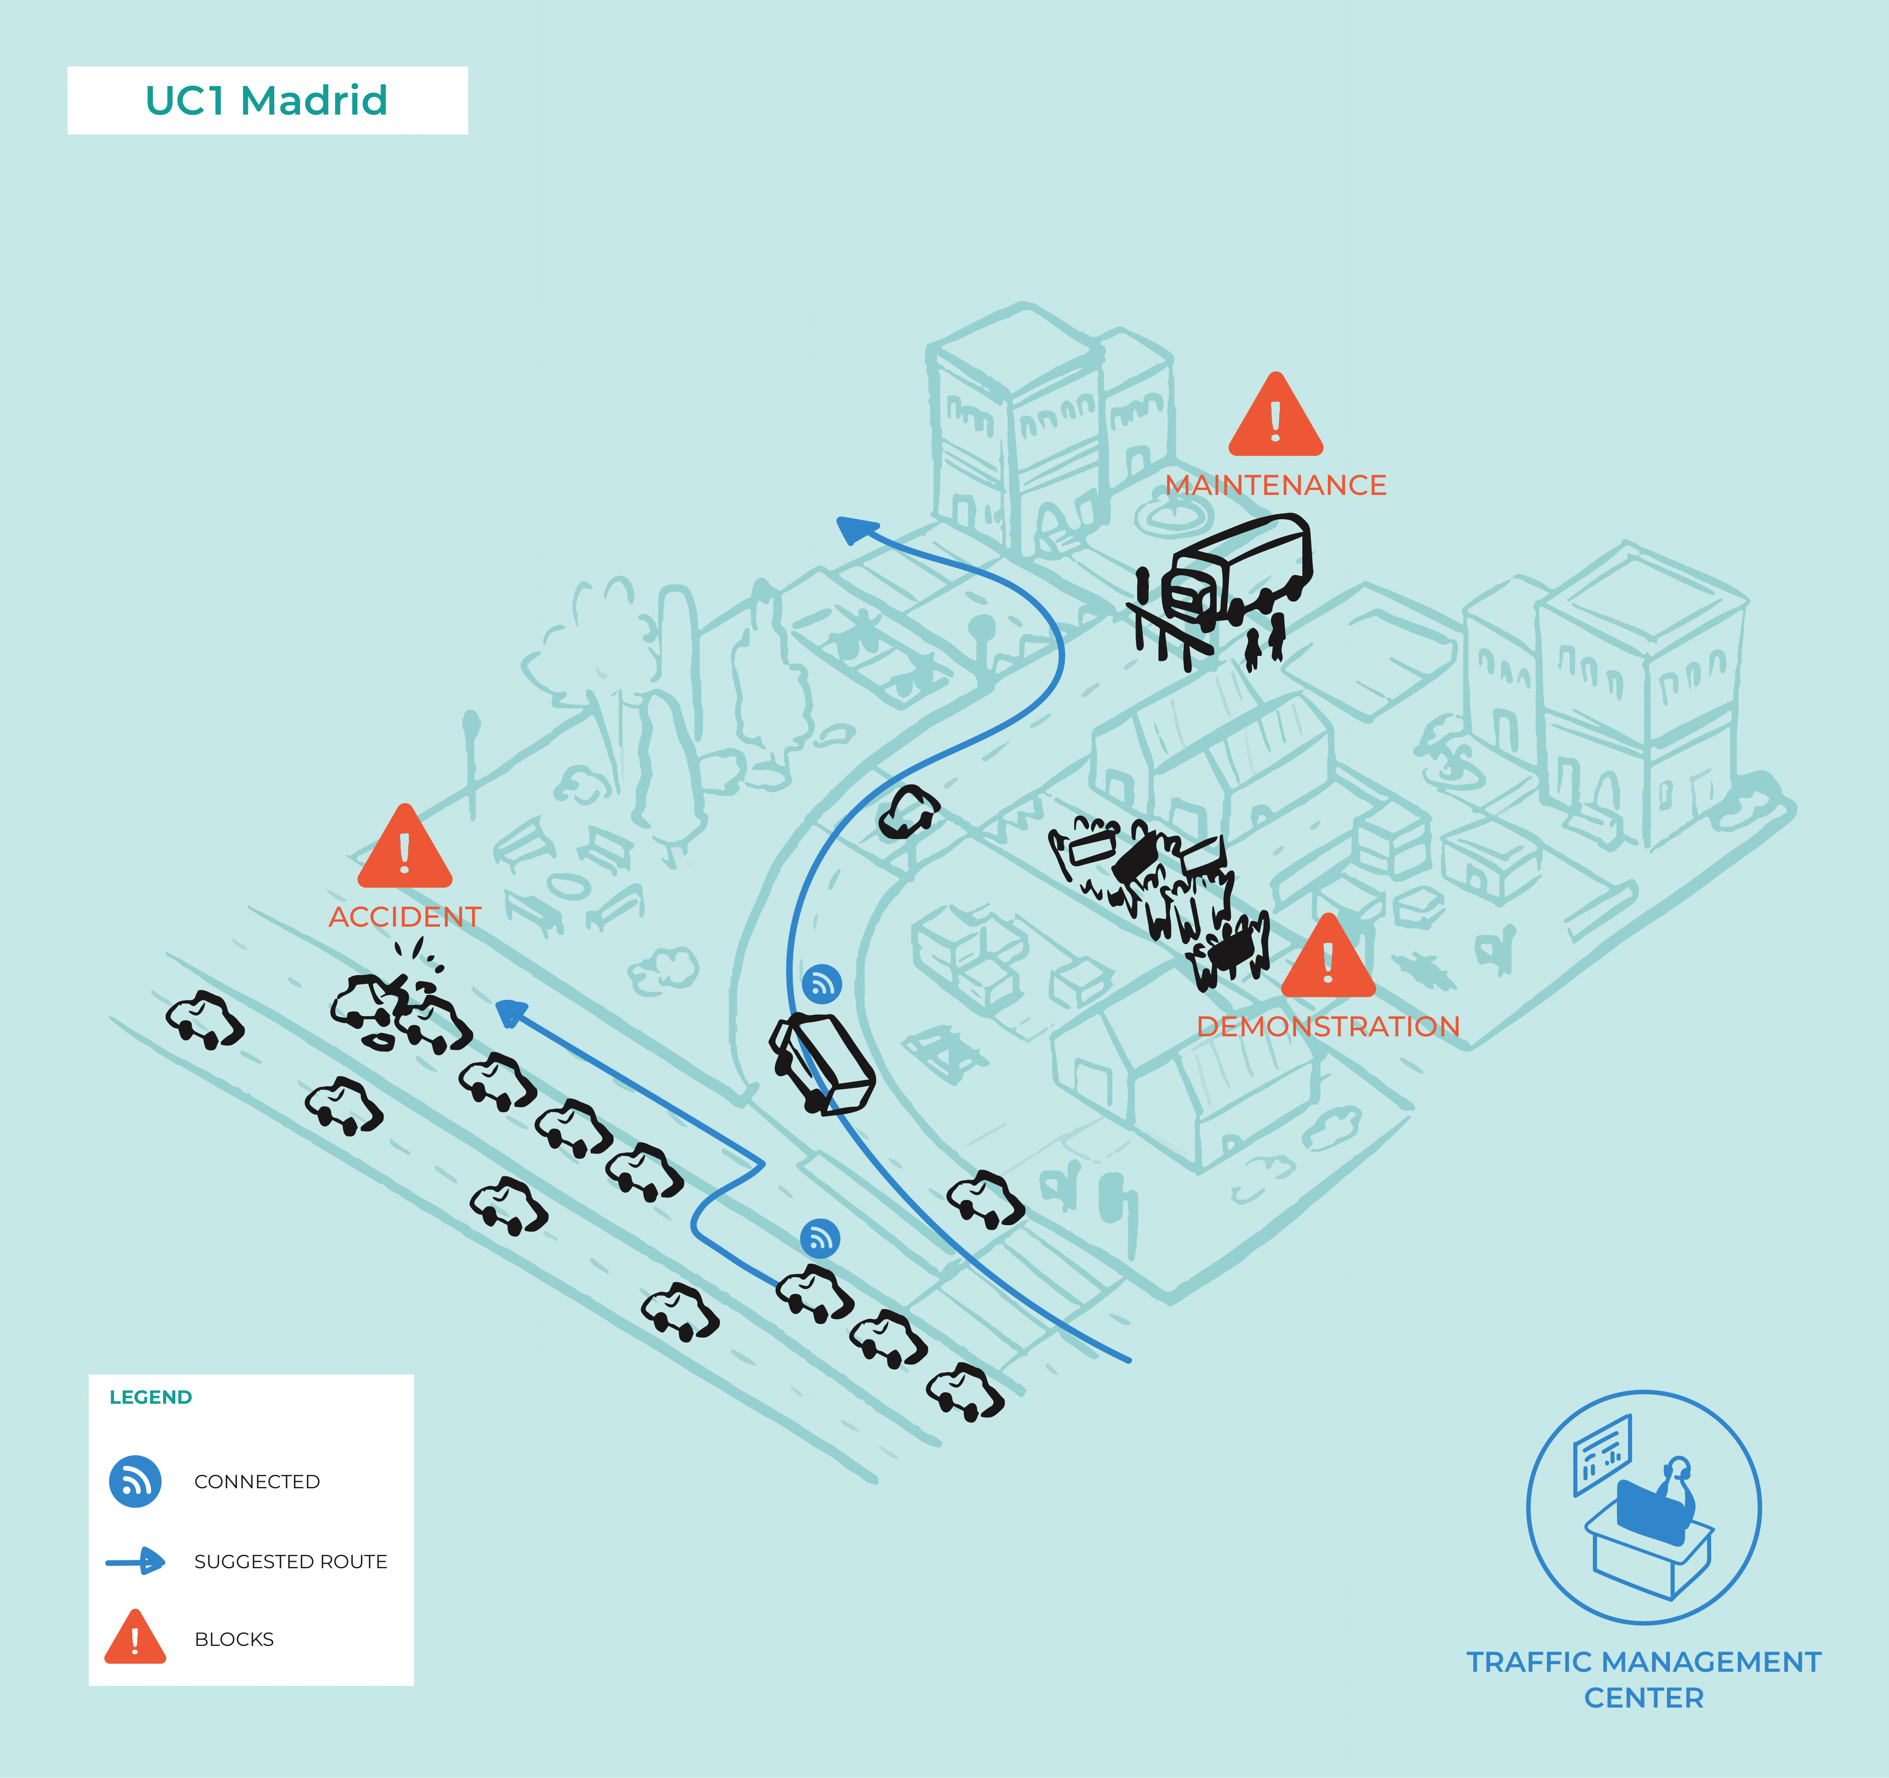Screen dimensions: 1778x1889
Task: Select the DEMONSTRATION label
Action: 1328,1027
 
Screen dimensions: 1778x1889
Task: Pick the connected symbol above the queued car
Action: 820,1239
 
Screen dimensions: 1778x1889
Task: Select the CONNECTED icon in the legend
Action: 135,1482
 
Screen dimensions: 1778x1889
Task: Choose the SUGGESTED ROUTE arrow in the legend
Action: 135,1561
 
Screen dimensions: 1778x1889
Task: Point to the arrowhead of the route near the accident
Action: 510,1012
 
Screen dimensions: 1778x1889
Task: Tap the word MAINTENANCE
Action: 1275,485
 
